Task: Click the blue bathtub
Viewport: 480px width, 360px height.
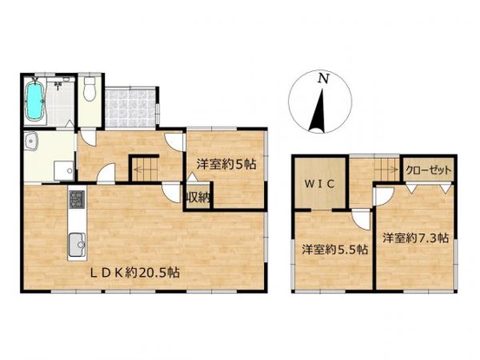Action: tap(34, 100)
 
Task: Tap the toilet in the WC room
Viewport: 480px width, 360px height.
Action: tap(89, 88)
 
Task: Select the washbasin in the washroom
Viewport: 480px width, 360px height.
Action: tap(31, 141)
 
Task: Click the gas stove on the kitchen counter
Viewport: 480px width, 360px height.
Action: tap(76, 200)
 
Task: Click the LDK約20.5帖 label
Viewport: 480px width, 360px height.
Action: tap(134, 272)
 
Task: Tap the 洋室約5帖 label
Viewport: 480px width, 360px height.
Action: tap(227, 165)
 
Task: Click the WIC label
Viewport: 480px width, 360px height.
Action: tap(319, 184)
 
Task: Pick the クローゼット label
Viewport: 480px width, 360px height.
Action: tap(428, 170)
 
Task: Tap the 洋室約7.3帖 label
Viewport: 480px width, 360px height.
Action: tap(416, 238)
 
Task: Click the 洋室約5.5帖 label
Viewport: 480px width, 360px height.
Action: tap(335, 250)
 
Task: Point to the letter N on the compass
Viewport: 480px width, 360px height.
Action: tap(323, 79)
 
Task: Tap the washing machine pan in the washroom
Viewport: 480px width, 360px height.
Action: tap(64, 171)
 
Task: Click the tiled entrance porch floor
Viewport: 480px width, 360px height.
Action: tap(130, 108)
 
